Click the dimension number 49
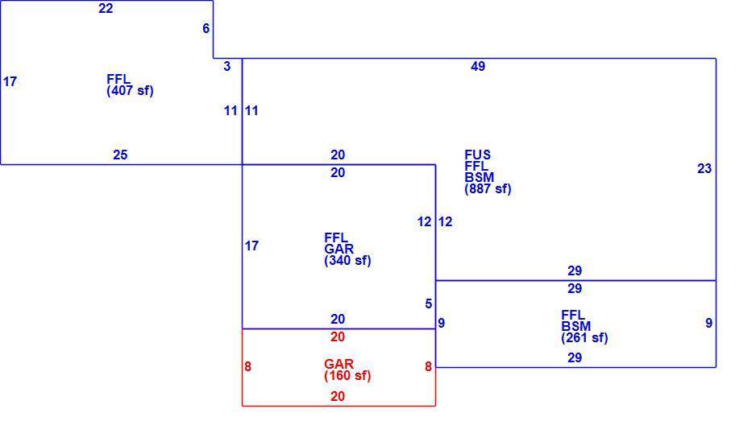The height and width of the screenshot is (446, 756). (x=478, y=67)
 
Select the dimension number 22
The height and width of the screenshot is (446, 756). (x=106, y=8)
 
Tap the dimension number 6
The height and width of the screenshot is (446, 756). (x=206, y=28)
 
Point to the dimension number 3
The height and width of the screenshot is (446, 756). (x=227, y=67)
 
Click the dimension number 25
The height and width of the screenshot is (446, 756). (x=120, y=155)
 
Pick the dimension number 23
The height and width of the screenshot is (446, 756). (x=704, y=168)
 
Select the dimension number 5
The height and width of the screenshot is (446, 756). (x=429, y=304)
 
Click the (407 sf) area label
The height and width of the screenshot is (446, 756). (x=131, y=91)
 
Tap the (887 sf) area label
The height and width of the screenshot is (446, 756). (x=488, y=189)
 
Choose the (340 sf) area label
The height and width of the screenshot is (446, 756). (x=347, y=261)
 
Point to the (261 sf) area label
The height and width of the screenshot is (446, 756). (x=584, y=338)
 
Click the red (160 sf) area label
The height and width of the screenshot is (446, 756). (x=347, y=376)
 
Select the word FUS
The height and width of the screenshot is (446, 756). (x=477, y=155)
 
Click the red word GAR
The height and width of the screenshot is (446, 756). (x=339, y=364)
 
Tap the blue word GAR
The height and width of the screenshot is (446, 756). (x=339, y=249)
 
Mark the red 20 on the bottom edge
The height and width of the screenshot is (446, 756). (x=338, y=396)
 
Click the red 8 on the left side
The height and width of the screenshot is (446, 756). (x=247, y=367)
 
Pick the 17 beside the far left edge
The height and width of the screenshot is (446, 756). (x=10, y=82)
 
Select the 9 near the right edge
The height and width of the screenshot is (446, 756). (x=708, y=323)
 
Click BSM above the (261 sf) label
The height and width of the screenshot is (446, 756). (x=575, y=327)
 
